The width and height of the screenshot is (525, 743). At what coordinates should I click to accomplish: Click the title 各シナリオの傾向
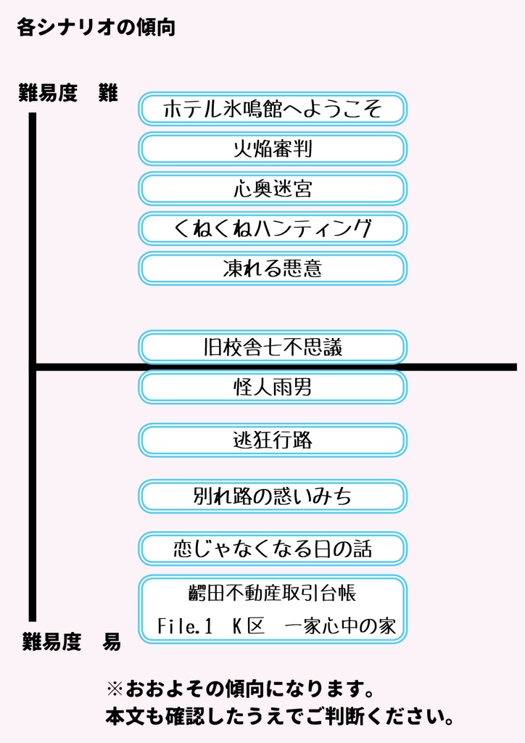click(x=96, y=28)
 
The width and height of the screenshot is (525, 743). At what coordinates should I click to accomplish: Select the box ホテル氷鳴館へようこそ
click(x=273, y=110)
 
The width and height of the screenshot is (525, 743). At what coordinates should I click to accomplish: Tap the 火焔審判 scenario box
click(x=273, y=149)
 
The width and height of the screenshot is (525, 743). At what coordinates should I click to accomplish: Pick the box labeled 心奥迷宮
click(x=273, y=189)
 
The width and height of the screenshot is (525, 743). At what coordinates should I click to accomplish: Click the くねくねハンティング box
click(x=273, y=229)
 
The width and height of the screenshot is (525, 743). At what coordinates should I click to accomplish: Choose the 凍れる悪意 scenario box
click(x=273, y=268)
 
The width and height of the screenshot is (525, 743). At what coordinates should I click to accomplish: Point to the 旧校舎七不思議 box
click(x=273, y=348)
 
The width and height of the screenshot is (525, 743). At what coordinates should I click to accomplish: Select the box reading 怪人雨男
click(x=273, y=387)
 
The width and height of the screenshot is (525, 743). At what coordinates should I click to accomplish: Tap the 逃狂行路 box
click(x=273, y=440)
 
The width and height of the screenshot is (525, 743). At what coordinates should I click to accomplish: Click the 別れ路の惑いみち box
click(x=273, y=496)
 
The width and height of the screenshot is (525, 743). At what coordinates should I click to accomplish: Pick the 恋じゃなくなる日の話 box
click(x=273, y=549)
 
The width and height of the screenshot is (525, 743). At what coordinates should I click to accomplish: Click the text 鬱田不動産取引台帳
click(x=272, y=594)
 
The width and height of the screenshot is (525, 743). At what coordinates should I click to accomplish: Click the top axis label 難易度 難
click(x=68, y=94)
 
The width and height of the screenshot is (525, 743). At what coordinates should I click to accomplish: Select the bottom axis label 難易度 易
click(x=71, y=641)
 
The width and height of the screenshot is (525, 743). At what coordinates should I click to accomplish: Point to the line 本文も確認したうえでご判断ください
click(x=280, y=718)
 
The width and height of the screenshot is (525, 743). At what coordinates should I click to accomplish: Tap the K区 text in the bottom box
click(x=249, y=626)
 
